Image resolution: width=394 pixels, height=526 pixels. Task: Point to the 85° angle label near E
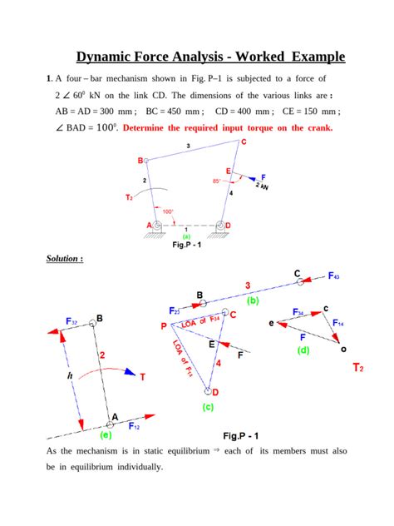coord(217,181)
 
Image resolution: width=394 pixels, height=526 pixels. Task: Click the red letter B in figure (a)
coord(140,161)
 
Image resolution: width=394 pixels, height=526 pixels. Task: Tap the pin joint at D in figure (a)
coord(222,226)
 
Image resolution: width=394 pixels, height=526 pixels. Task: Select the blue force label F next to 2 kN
coord(263,177)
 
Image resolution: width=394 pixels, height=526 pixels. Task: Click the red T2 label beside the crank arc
coord(129,197)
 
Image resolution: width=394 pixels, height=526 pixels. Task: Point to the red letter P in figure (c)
coord(164,327)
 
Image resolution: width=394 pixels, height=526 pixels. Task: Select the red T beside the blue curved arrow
coord(142,376)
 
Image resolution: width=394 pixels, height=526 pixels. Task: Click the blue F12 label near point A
coord(134,424)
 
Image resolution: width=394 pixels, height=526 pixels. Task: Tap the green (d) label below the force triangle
coord(303,350)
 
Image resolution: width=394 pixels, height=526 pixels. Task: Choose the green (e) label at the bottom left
coord(105,434)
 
